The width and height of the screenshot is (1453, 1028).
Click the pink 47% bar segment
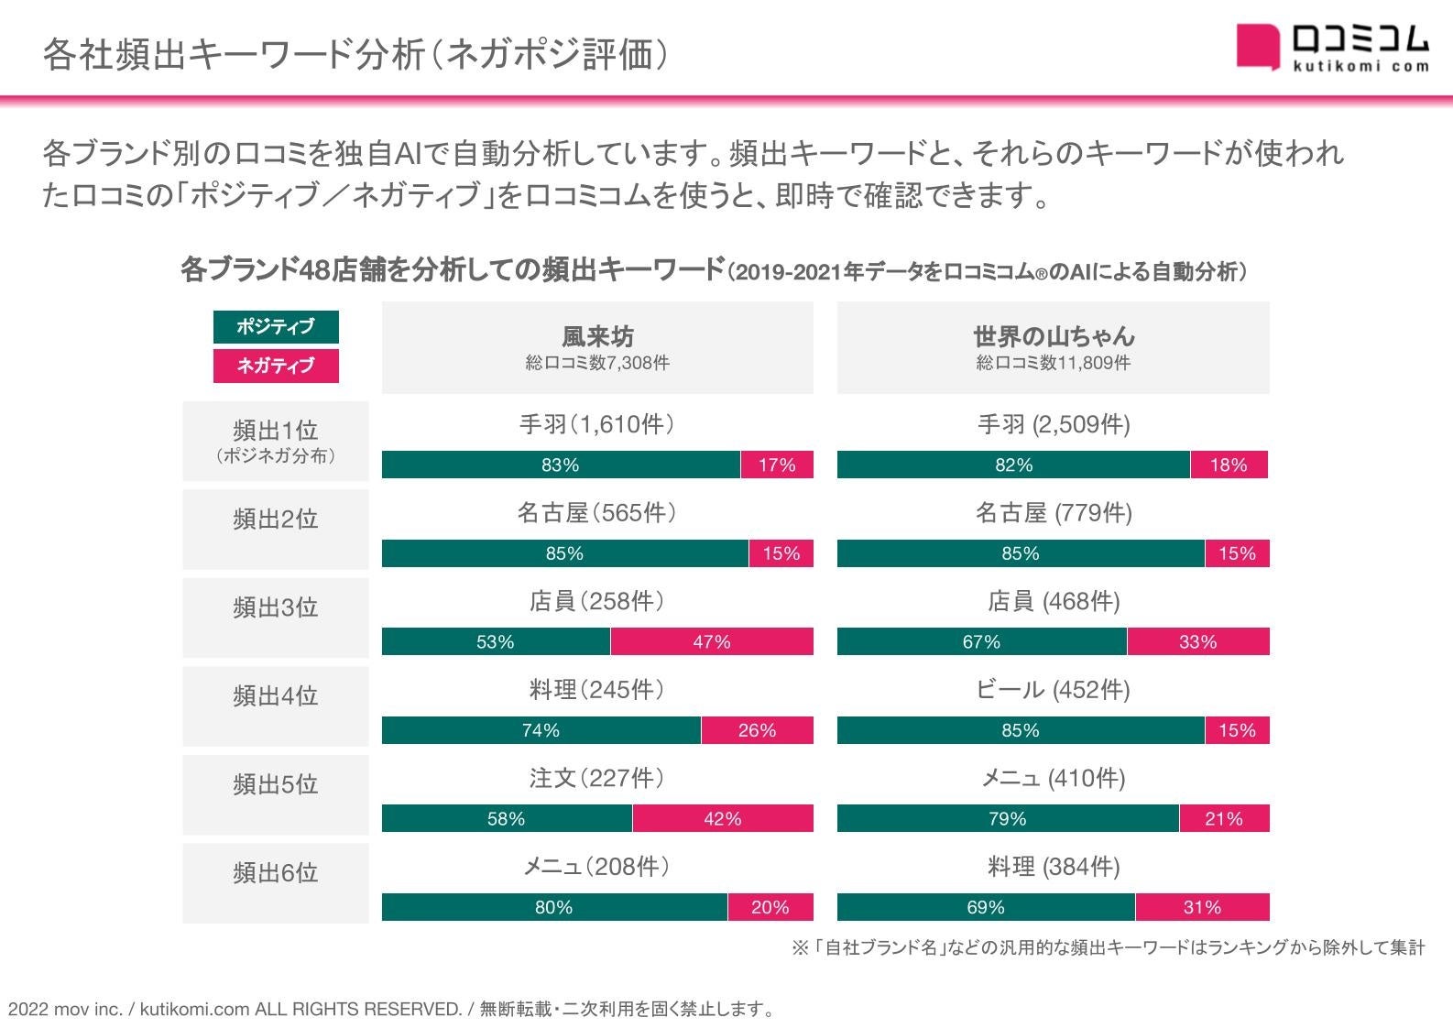coord(712,641)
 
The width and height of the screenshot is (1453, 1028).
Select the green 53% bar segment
coord(496,641)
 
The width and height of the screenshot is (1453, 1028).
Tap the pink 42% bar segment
coord(723,818)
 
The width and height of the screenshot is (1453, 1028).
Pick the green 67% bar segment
coord(981,641)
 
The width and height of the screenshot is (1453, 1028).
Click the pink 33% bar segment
coord(1198,641)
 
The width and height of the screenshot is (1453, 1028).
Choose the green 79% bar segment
coord(1008,818)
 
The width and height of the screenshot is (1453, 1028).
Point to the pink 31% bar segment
coord(1202,907)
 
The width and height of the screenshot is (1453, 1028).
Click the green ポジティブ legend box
coord(276,326)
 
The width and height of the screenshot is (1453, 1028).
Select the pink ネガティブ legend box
coord(276,366)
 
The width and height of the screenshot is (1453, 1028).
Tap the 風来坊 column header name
coord(597,336)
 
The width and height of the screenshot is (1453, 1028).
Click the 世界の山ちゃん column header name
coord(1054,336)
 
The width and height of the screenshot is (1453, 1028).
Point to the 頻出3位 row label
coord(276,607)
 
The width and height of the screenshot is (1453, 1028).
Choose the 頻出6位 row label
coord(276,873)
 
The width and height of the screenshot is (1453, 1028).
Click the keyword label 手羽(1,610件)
coord(597,424)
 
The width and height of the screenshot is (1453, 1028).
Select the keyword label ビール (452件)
coord(1054,690)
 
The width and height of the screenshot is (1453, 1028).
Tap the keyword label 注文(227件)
coord(597,778)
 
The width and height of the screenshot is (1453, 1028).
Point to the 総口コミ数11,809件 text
coord(1054,363)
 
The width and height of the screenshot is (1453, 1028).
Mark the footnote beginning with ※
coord(1109,948)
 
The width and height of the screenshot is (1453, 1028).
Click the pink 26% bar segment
coord(757,730)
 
